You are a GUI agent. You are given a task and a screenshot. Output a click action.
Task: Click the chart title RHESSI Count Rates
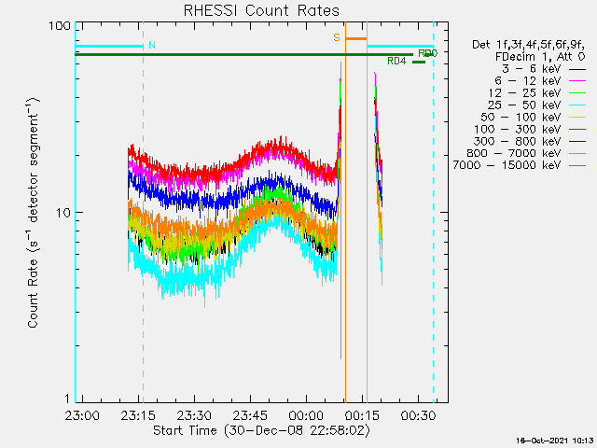point(260,10)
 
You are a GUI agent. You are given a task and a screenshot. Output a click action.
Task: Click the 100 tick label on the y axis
point(60,25)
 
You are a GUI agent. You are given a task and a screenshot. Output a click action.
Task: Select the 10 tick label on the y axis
point(63,213)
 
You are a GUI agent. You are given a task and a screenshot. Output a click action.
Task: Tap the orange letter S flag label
point(337,38)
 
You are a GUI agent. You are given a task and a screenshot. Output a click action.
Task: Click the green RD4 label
point(396,62)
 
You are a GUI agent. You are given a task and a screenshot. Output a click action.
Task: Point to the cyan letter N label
point(152,45)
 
